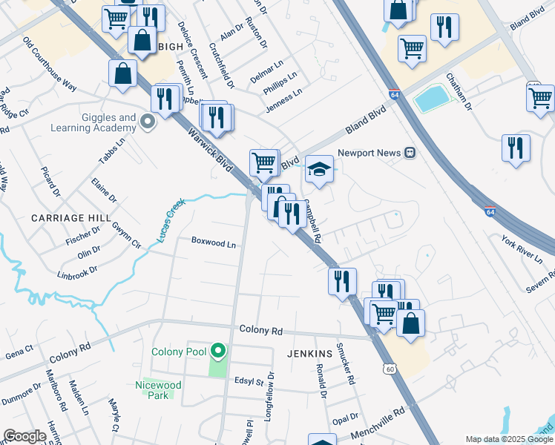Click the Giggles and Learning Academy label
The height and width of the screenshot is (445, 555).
click(93, 122)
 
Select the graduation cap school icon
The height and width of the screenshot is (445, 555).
click(319, 169)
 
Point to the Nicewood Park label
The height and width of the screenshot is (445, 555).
click(157, 390)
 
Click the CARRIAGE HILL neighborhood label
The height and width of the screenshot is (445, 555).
click(70, 218)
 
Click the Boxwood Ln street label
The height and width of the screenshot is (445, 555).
click(213, 242)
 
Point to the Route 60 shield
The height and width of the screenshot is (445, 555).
click(390, 369)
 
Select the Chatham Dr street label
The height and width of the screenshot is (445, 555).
click(459, 91)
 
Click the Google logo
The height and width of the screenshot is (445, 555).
click(24, 436)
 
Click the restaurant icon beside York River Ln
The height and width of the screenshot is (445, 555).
click(516, 148)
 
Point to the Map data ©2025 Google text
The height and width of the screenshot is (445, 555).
click(508, 439)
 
